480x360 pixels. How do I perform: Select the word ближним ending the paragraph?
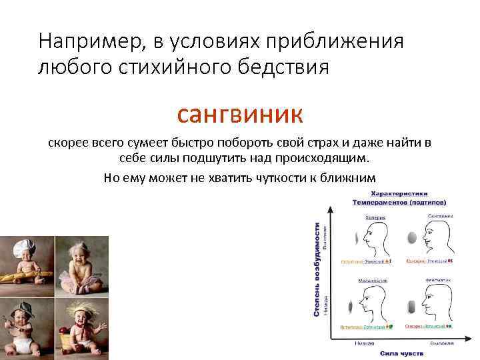[351, 177]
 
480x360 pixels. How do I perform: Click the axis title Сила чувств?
[399, 353]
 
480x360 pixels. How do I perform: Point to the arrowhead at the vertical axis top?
[329, 207]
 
